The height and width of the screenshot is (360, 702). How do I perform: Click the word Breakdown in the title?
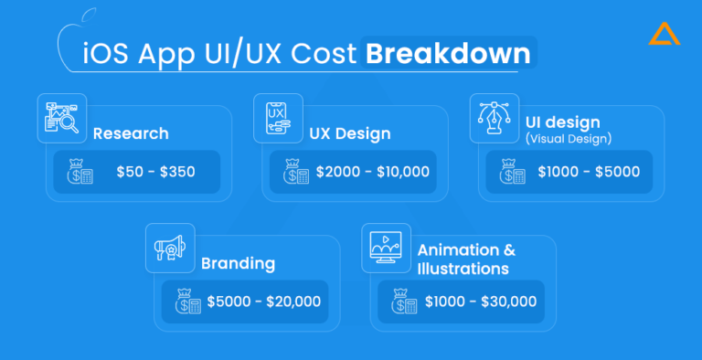447,53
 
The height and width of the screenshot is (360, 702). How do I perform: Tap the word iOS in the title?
106,53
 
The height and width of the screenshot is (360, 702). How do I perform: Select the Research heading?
131,133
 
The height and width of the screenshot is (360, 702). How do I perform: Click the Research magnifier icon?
62,117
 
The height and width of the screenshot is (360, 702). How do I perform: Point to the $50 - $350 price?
155,172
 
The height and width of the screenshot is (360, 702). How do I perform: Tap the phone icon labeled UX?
279,117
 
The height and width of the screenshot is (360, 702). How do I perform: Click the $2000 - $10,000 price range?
372,172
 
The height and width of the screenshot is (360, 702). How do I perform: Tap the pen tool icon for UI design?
495,117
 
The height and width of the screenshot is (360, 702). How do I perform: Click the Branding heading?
239,263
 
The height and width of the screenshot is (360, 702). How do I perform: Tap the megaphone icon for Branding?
170,247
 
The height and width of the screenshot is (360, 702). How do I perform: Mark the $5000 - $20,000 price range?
263,302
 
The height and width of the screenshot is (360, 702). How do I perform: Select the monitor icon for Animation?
387,247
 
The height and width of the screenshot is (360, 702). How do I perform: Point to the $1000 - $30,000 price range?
480,302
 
